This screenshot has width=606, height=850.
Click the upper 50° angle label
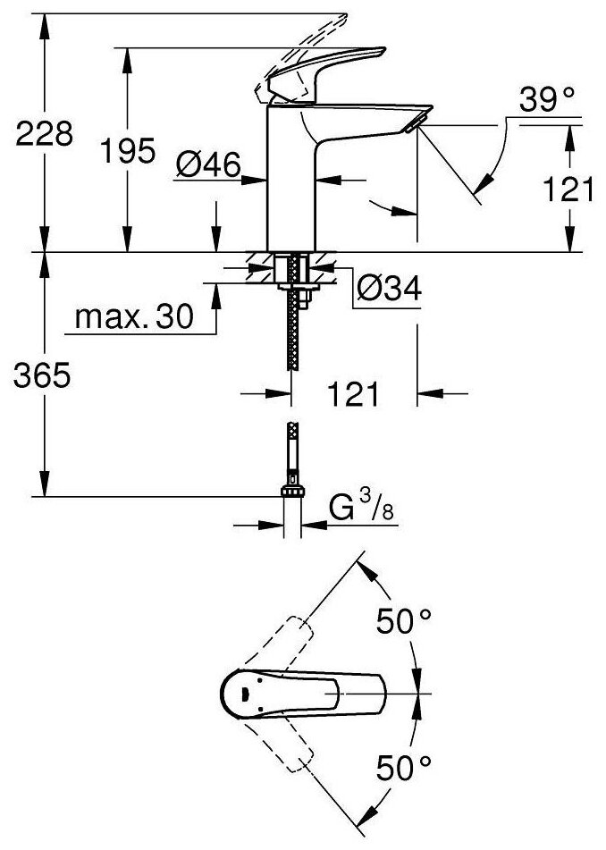[403, 619]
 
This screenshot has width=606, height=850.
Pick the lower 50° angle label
[403, 765]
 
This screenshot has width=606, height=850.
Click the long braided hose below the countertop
[291, 331]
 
